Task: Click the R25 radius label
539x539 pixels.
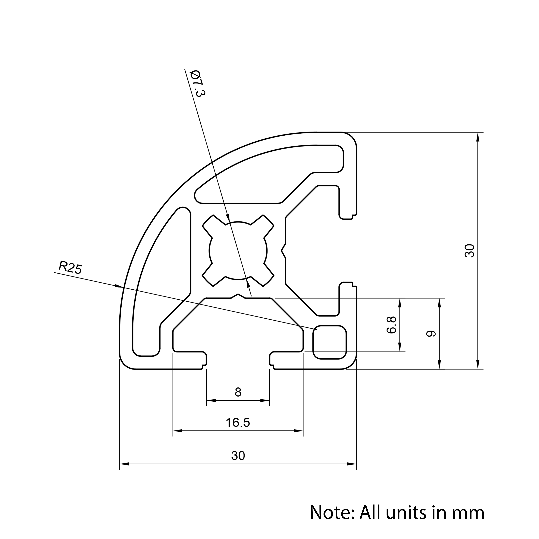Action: (70, 268)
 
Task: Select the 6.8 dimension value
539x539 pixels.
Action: (392, 325)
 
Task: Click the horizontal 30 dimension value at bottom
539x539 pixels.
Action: (238, 456)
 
